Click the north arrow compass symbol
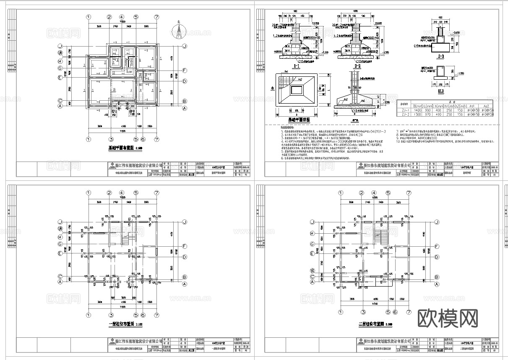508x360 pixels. coord(179,31)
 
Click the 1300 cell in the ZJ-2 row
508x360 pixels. coord(418,114)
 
